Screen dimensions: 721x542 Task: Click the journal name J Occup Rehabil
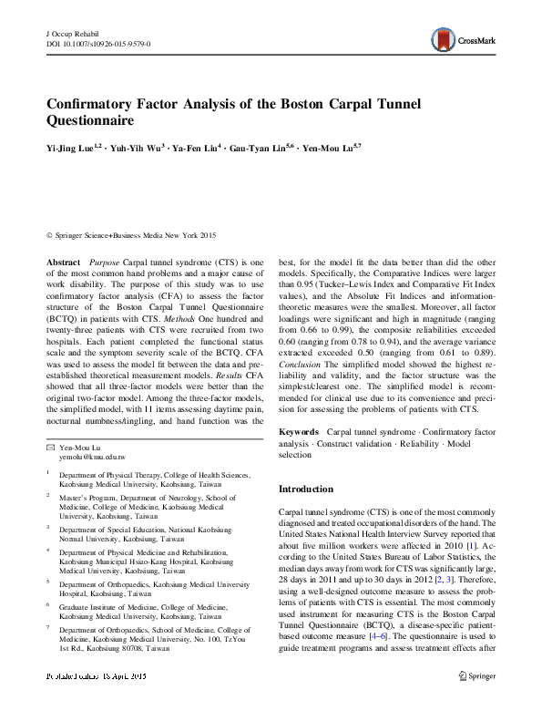(x=72, y=33)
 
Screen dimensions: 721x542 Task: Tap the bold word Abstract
(x=64, y=262)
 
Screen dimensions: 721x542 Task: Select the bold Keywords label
(x=298, y=430)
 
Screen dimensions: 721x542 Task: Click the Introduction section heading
(x=308, y=489)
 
